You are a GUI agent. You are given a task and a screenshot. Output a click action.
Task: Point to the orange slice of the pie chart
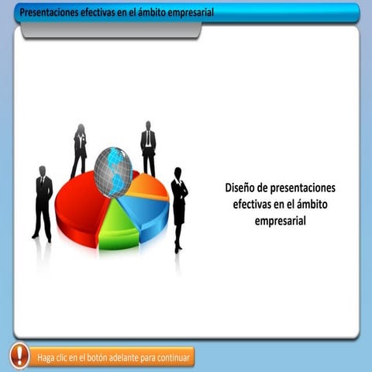click(147, 186)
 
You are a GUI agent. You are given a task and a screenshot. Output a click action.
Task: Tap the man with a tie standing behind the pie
click(148, 147)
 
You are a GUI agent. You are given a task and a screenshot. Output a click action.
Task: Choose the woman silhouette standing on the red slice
click(79, 149)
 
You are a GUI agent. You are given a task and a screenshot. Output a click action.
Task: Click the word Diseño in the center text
click(239, 188)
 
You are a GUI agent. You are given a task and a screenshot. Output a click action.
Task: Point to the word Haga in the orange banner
click(49, 359)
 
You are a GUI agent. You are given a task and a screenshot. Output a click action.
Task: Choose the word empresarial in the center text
click(281, 221)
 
